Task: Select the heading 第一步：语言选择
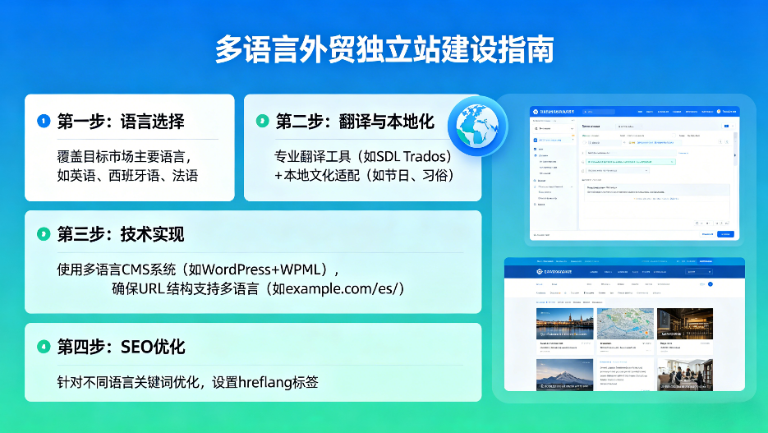pos(121,122)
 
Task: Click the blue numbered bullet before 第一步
pos(44,122)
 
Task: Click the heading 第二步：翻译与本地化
pos(354,122)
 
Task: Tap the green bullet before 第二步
pos(262,122)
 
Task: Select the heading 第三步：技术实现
pos(121,235)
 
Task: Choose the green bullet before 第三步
pos(44,235)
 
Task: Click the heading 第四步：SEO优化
pos(121,347)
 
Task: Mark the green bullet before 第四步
pos(44,347)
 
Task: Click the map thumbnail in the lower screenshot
pos(625,324)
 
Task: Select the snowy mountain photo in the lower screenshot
pos(564,375)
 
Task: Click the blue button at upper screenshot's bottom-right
pos(724,234)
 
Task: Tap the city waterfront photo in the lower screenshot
pos(564,324)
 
